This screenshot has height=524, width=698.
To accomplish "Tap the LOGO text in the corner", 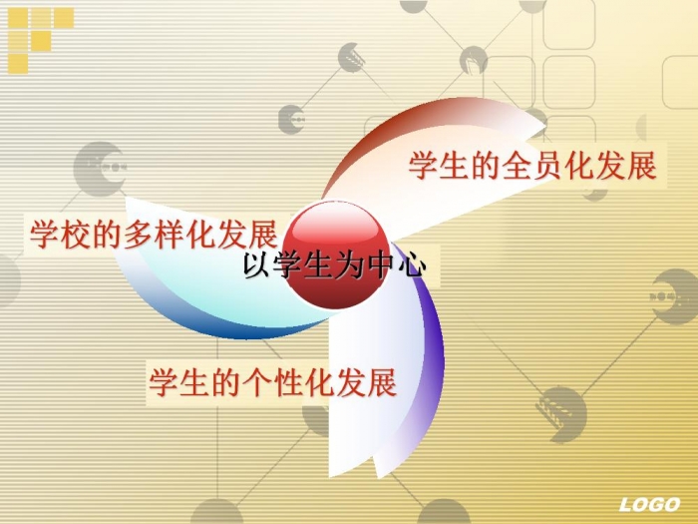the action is coord(649,504).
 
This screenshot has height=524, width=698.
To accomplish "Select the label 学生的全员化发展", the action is coord(532,166).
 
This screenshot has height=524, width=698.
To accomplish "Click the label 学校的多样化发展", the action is coord(154,234).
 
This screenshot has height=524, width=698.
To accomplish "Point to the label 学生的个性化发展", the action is coord(272,382).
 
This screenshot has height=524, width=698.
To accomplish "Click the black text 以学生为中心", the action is coord(335,266).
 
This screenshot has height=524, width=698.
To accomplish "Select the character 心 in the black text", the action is coord(412,266).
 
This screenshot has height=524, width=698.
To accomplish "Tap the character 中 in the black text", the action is coord(381,266).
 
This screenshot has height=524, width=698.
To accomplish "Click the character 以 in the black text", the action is coord(258,266).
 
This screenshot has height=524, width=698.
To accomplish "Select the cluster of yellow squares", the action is coord(40,40).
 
